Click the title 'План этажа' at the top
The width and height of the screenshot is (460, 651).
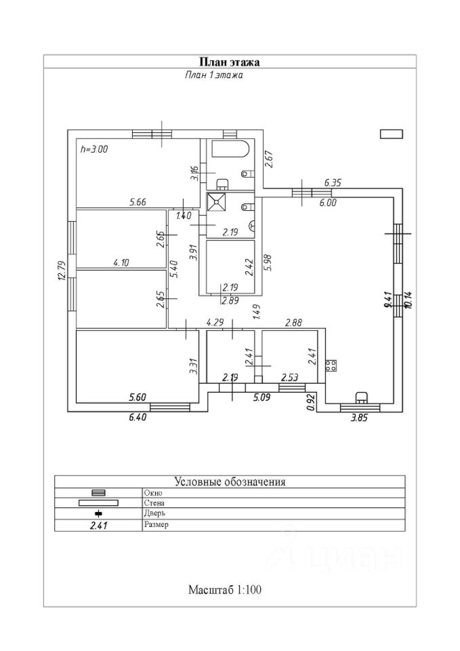[x=230, y=62]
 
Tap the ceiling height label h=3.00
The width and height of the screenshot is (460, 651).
[x=94, y=149]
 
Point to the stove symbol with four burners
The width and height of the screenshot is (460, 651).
[x=331, y=366]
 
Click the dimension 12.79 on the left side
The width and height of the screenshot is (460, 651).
[x=61, y=270]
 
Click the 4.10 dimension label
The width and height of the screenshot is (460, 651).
[x=123, y=263]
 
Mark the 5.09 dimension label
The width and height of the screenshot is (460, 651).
[x=262, y=398]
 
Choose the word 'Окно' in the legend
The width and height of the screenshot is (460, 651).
[x=153, y=492]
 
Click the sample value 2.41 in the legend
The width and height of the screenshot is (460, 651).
[x=99, y=525]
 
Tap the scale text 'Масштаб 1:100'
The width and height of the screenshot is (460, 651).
[x=225, y=589]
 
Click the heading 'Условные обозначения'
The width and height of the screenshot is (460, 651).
[x=230, y=482]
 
